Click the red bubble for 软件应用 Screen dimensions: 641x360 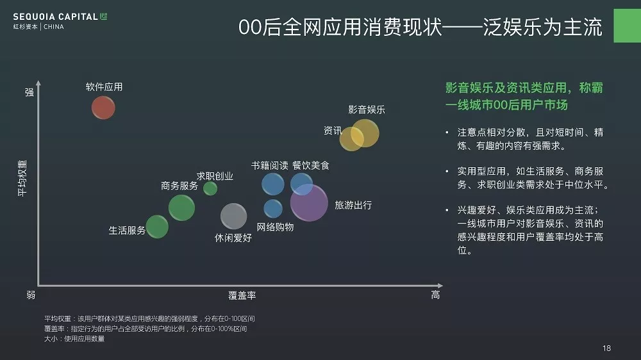click(x=103, y=108)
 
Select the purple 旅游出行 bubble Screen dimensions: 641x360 click(x=309, y=202)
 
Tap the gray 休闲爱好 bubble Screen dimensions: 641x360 click(x=233, y=216)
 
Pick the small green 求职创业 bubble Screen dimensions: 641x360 click(x=210, y=188)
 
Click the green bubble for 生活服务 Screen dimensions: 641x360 click(x=157, y=227)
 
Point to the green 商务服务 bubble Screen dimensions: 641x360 click(x=181, y=208)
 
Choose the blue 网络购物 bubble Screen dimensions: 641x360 click(x=272, y=209)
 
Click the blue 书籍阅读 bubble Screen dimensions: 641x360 click(x=272, y=184)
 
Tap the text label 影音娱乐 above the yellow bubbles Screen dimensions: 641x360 click(x=367, y=110)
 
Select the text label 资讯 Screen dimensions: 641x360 click(x=333, y=130)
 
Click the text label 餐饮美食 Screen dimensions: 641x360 click(x=311, y=165)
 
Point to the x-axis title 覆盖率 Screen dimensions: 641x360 click(x=242, y=295)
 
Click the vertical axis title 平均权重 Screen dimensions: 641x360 click(x=22, y=178)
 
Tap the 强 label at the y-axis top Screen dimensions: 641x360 click(x=29, y=92)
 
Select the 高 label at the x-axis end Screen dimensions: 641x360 click(x=435, y=295)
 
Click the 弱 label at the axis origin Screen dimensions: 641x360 click(x=31, y=295)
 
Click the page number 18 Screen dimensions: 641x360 click(x=606, y=348)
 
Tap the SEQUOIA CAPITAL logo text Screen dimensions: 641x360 click(x=55, y=17)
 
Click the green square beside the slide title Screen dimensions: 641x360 click(x=627, y=26)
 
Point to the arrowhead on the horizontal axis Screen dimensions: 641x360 click(x=440, y=285)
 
